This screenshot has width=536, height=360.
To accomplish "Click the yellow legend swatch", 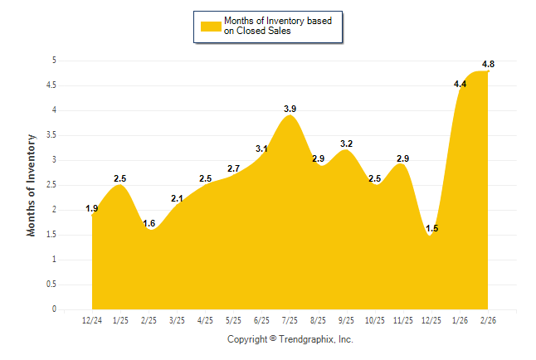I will click(211, 26).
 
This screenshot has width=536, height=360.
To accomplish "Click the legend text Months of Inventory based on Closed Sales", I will click(279, 26).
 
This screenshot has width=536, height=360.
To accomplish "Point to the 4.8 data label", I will click(489, 65).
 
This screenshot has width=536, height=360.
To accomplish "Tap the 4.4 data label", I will click(460, 84).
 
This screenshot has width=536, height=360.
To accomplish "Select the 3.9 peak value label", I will click(290, 109).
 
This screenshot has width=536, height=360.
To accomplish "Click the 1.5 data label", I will click(432, 229).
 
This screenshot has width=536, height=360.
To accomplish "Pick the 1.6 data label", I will click(149, 223).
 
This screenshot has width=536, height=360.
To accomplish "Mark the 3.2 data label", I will click(348, 144).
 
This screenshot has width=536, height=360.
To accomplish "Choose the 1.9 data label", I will click(92, 208).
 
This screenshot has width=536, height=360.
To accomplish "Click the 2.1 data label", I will click(178, 198).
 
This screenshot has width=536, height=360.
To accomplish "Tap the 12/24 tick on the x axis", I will click(92, 320).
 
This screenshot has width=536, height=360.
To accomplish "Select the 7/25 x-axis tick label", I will click(290, 320).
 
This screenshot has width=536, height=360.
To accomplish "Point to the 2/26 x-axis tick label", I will click(489, 320).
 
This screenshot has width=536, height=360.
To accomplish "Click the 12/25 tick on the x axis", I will click(432, 320).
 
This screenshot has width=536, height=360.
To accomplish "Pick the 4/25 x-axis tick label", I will click(206, 320).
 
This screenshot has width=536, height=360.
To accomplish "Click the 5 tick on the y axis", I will click(54, 61).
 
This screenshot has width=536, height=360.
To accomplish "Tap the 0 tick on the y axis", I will click(54, 309).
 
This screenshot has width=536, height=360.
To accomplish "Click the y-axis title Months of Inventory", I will click(32, 185).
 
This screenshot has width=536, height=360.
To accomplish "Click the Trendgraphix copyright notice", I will click(290, 339).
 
